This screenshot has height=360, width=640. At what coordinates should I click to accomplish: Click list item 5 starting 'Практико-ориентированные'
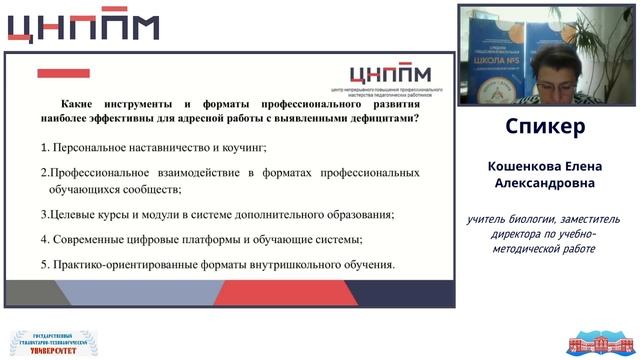[217, 265]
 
